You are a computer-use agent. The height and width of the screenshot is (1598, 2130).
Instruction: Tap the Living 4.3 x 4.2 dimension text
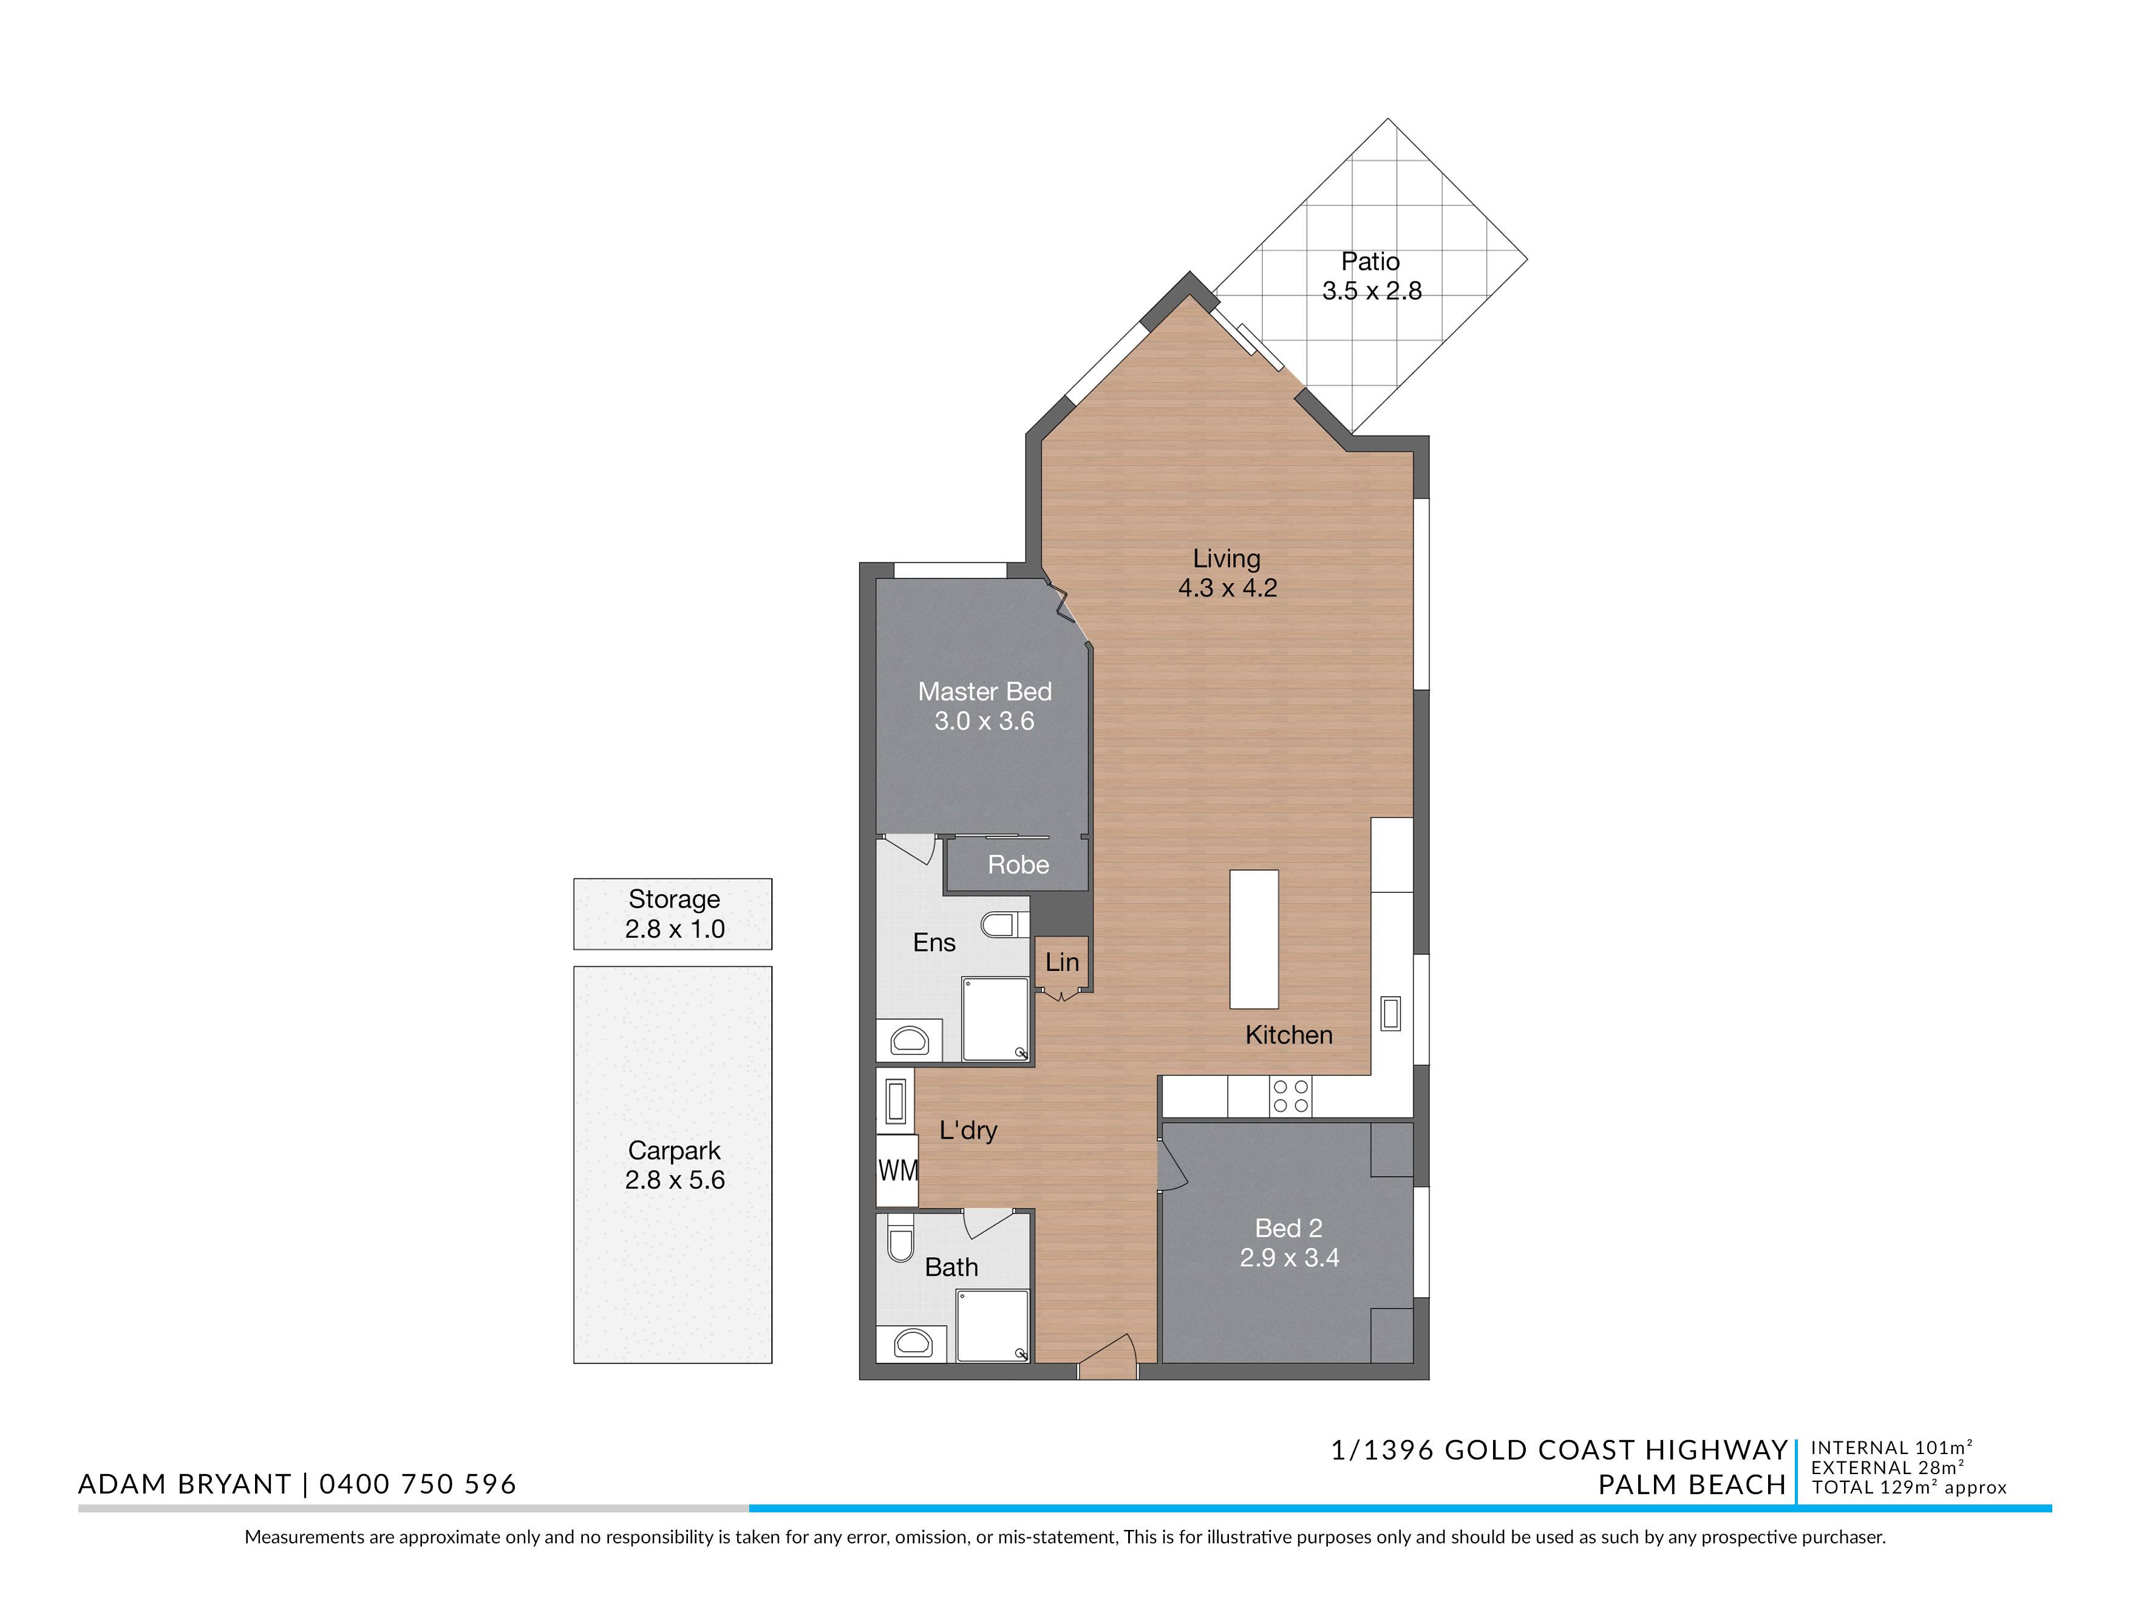pyautogui.click(x=1228, y=587)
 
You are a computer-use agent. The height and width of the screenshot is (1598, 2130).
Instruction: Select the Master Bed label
pyautogui.click(x=984, y=692)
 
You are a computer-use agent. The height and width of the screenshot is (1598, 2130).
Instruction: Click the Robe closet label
pyautogui.click(x=1018, y=865)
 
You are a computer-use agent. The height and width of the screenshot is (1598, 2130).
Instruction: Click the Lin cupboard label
pyautogui.click(x=1062, y=962)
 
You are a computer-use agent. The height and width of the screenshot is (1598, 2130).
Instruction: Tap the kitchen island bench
pyautogui.click(x=1254, y=939)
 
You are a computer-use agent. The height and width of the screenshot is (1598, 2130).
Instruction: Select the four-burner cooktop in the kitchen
pyautogui.click(x=1290, y=1096)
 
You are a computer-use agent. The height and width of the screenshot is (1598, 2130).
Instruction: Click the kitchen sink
pyautogui.click(x=1390, y=1013)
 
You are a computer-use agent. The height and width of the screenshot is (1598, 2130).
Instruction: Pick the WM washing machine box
pyautogui.click(x=896, y=1170)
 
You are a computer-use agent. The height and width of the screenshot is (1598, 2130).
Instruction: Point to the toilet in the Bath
pyautogui.click(x=900, y=1241)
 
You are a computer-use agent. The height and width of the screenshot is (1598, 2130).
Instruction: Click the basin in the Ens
pyautogui.click(x=909, y=1040)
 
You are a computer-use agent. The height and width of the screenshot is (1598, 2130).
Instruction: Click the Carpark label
pyautogui.click(x=674, y=1151)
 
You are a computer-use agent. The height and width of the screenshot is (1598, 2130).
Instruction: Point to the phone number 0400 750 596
pyautogui.click(x=418, y=1484)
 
